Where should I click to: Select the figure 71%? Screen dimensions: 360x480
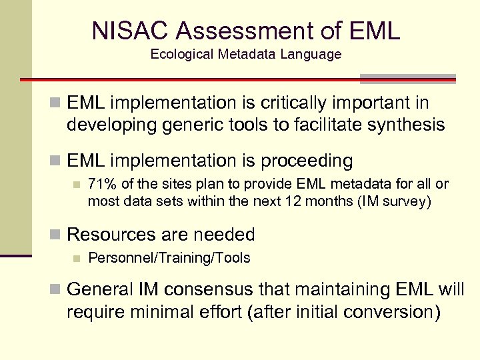coord(101,184)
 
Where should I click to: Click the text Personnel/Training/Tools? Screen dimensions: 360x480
coord(169,258)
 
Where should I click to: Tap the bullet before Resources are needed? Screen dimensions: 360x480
coord(57,235)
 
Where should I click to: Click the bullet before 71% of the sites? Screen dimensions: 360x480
coord(77,185)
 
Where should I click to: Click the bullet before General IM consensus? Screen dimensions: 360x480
coord(57,291)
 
